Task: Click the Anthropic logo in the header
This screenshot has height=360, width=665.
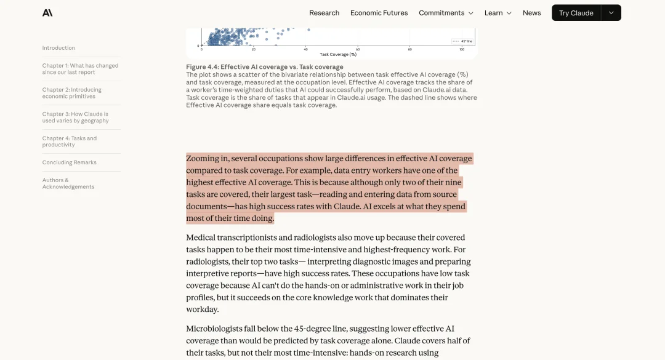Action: point(47,13)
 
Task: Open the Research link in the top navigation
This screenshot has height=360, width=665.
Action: point(324,13)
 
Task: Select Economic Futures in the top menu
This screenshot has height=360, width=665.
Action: point(379,13)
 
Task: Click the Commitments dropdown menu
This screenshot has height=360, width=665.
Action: point(446,13)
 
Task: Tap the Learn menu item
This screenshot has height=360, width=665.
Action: point(498,13)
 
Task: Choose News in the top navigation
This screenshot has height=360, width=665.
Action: point(531,13)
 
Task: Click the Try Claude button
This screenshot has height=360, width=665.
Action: point(576,13)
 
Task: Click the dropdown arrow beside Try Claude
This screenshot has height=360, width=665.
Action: point(611,13)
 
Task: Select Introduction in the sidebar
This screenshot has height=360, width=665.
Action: point(58,48)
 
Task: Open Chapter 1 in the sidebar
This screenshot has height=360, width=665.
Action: point(80,69)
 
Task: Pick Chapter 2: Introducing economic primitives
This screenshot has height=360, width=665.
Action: point(71,93)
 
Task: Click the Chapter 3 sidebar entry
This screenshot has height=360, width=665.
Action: point(75,118)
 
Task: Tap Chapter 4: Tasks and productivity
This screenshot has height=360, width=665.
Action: point(69,142)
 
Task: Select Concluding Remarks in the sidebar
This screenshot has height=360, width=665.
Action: point(69,162)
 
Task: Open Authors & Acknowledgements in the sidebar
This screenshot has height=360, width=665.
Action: point(68,183)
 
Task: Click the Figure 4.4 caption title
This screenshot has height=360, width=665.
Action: point(265,67)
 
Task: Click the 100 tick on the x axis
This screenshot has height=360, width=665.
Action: point(462,49)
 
